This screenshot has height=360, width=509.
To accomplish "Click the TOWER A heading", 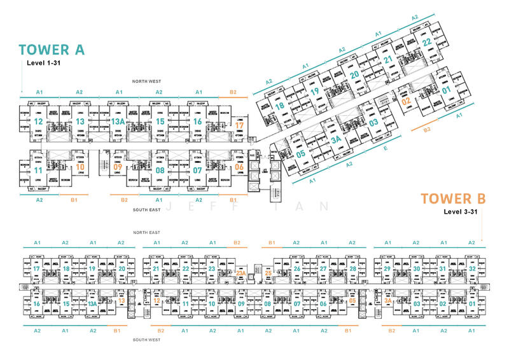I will pos(52,50).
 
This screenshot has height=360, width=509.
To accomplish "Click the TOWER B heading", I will pos(453,198).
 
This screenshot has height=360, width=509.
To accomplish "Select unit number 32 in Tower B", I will pos(472,269).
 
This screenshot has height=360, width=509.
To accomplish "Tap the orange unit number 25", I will pos(268,273).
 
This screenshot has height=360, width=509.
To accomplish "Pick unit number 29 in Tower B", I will pos(387,269).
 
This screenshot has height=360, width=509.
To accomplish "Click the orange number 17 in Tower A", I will pos(239,125).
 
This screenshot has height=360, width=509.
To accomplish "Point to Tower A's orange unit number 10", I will pos(80,167).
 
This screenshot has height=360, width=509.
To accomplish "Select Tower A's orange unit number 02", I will pos(406,100).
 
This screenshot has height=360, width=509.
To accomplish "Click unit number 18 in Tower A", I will pos(280,106).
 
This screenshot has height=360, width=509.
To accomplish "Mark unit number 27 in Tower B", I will pos(324,269).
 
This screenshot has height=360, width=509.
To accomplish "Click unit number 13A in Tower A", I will pos(117,121).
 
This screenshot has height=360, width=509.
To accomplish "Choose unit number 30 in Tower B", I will pos(416,269).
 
